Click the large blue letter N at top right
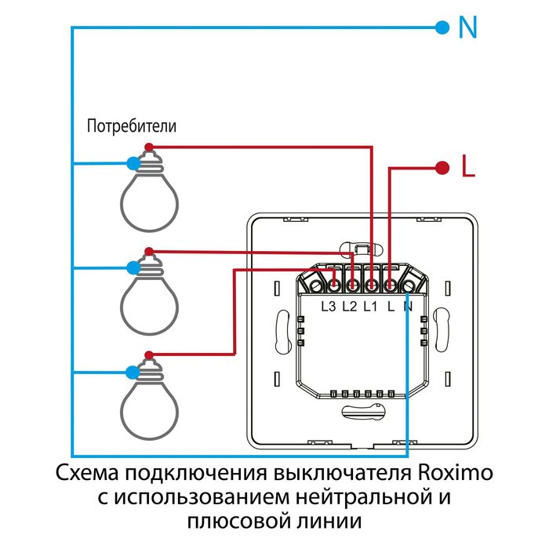click(467, 28)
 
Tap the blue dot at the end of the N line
click(442, 28)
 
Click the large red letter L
click(468, 167)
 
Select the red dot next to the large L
click(442, 167)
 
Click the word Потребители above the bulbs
click(132, 125)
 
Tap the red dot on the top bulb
click(148, 147)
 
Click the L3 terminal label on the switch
click(329, 307)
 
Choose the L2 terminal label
click(350, 307)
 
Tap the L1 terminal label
click(371, 307)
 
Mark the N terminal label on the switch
click(408, 307)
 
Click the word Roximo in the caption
click(453, 475)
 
